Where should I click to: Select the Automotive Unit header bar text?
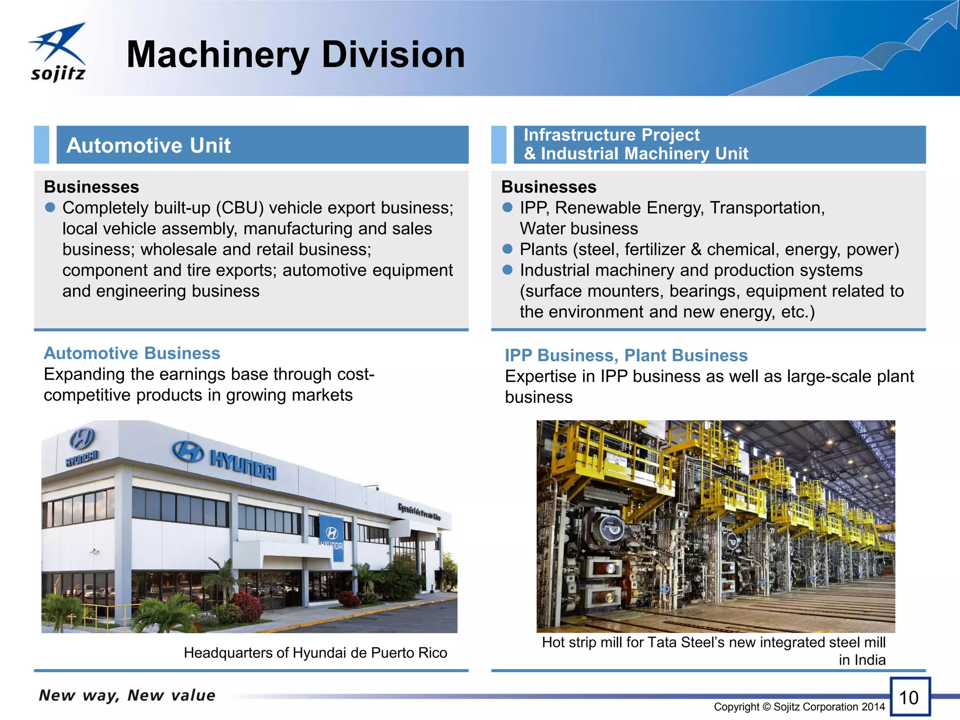point(149,145)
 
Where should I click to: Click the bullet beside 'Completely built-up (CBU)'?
point(50,207)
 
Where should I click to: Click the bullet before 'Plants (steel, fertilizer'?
point(508,249)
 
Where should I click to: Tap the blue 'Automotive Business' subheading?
point(132,353)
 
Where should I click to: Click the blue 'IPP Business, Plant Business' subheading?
point(626,355)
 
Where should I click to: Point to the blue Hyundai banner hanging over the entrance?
point(331,537)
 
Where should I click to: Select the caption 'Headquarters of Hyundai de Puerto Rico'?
point(315,652)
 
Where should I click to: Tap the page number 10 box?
point(909,697)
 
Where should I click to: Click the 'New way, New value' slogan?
point(127,695)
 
